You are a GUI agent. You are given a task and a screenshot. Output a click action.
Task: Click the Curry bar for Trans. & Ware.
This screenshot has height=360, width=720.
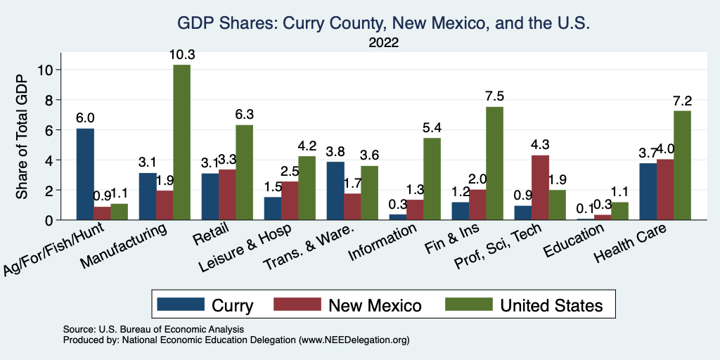pyautogui.click(x=336, y=191)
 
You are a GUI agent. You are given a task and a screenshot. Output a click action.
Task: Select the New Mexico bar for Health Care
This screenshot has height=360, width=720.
pyautogui.click(x=665, y=190)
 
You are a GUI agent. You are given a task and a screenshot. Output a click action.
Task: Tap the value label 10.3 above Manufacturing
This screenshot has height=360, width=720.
pyautogui.click(x=181, y=54)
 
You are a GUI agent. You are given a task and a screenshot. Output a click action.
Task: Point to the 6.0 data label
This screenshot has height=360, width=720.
pyautogui.click(x=85, y=117)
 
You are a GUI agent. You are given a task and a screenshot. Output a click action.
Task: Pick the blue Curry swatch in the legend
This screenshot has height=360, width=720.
pyautogui.click(x=179, y=304)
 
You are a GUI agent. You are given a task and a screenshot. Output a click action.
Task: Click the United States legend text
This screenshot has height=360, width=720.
pyautogui.click(x=551, y=304)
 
